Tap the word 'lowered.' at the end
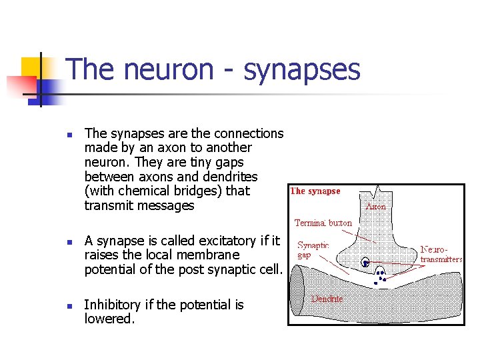tap(110, 319)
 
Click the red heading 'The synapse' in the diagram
tap(315, 191)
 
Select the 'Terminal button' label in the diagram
tap(323, 223)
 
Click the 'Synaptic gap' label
tap(313, 250)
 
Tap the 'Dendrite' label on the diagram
tap(327, 299)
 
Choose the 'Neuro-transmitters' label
tap(441, 254)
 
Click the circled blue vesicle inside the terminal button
tap(365, 262)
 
